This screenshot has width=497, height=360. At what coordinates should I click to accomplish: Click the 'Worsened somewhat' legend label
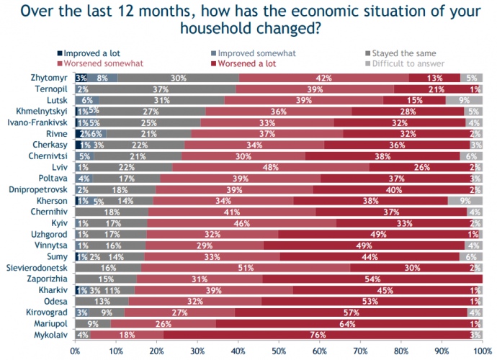click(x=99, y=63)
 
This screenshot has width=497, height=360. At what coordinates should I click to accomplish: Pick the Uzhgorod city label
click(x=50, y=234)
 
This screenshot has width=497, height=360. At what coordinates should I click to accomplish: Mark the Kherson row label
click(x=52, y=200)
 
